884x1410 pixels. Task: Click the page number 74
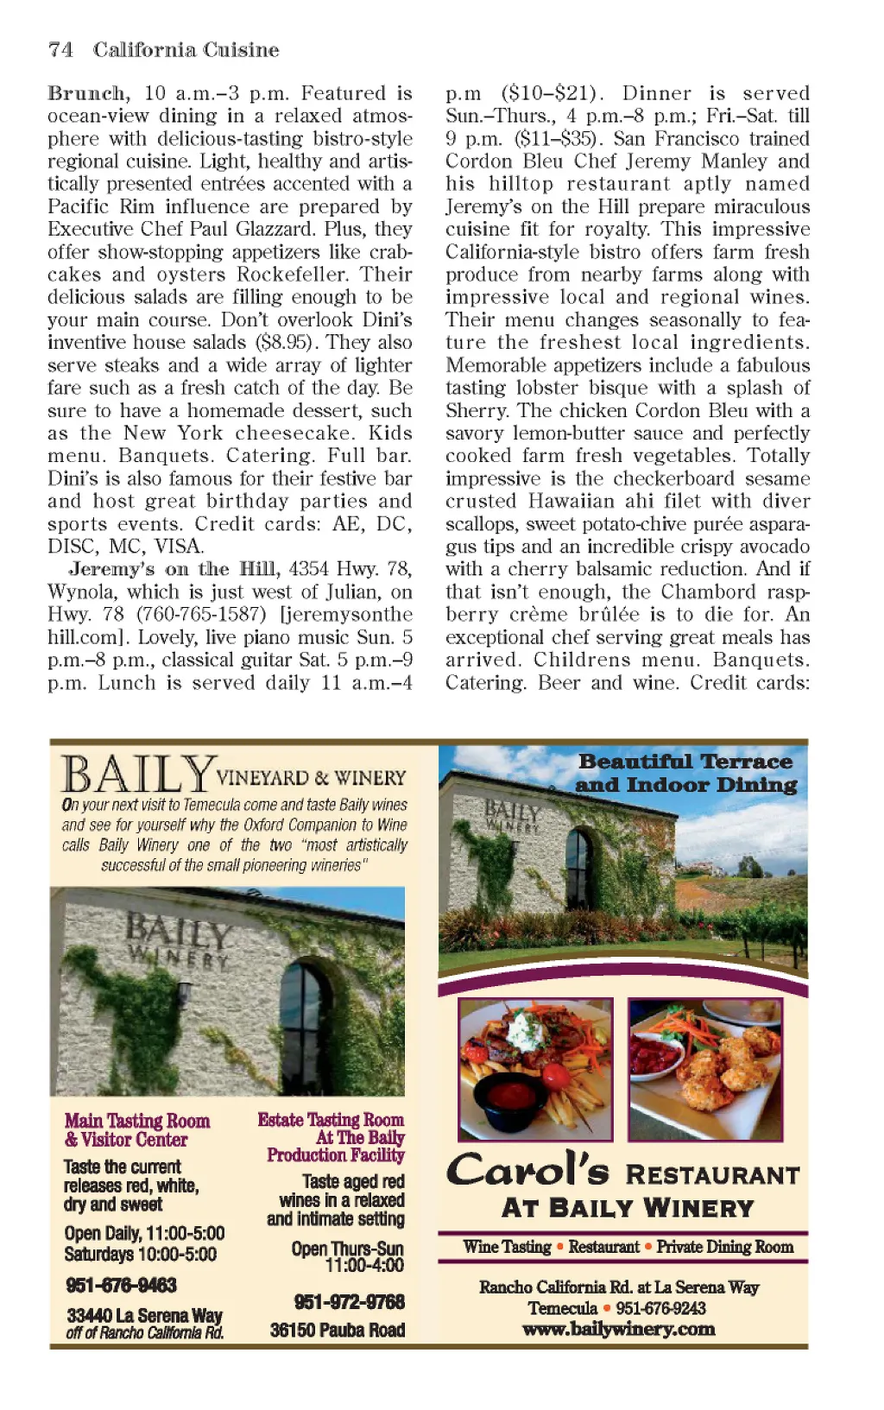tap(60, 50)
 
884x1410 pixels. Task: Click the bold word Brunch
tap(88, 93)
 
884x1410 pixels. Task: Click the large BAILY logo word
tap(138, 775)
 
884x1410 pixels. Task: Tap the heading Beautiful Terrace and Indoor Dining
tap(686, 773)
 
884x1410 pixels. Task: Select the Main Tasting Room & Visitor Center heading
tap(136, 1130)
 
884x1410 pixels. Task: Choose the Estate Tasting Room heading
tap(331, 1120)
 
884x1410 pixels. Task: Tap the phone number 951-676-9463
tap(121, 1286)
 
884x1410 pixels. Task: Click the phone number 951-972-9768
tap(349, 1302)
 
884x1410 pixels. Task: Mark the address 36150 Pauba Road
tap(338, 1331)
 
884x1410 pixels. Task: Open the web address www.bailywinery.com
tap(618, 1330)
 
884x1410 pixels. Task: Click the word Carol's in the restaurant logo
tap(528, 1171)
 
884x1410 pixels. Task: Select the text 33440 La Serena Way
tap(144, 1316)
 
